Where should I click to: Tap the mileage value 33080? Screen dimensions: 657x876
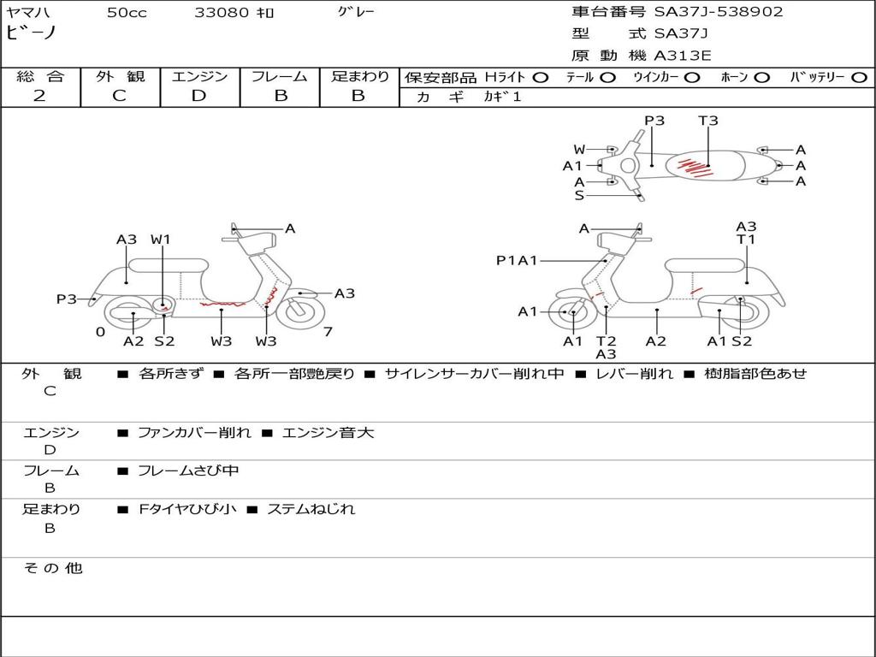[222, 12]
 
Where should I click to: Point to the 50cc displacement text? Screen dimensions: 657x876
[127, 13]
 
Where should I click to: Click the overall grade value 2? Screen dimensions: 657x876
[39, 96]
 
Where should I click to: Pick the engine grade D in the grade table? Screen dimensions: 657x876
[199, 96]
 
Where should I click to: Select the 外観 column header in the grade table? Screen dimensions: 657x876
[120, 77]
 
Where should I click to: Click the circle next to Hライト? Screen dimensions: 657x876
[541, 78]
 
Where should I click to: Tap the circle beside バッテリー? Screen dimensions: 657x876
[859, 78]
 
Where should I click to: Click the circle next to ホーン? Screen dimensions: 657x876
[761, 78]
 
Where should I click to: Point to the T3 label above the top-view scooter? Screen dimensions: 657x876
[708, 121]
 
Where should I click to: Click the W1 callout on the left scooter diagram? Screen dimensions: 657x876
[161, 240]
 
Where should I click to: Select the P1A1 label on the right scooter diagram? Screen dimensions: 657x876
[517, 260]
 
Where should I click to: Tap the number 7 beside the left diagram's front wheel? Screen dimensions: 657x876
[328, 332]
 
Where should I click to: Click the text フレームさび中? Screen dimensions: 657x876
[188, 471]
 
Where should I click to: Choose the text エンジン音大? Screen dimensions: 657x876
[328, 433]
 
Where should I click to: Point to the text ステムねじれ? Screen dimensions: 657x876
[311, 509]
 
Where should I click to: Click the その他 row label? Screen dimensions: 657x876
[52, 568]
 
